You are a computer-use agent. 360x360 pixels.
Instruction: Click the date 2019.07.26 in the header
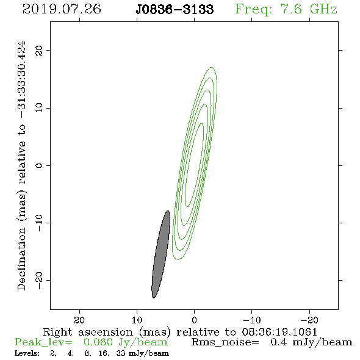62,9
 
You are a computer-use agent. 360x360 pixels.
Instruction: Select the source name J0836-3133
175,10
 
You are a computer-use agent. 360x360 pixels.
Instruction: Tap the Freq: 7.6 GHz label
286,10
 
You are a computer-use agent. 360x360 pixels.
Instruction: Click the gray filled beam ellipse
160,254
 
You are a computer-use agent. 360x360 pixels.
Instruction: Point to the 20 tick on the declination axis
39,50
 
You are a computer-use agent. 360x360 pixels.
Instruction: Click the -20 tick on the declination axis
39,280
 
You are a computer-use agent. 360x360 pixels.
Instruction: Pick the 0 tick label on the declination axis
39,165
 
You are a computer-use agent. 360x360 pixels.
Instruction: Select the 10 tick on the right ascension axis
137,320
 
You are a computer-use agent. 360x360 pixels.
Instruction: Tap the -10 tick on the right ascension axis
252,320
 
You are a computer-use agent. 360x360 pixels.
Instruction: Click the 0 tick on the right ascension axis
195,320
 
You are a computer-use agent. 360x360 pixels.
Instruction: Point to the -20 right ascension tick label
309,320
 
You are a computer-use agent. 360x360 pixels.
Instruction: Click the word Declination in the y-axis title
21,259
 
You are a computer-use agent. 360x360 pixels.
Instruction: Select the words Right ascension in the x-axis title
88,332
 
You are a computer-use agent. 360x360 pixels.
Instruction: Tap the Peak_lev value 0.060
98,342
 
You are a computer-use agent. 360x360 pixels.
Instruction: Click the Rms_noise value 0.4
278,342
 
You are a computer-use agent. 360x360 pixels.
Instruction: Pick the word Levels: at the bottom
27,353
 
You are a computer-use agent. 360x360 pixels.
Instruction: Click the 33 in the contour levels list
121,353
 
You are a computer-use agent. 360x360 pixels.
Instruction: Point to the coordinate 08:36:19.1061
279,332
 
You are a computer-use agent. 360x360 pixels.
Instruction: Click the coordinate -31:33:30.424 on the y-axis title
21,79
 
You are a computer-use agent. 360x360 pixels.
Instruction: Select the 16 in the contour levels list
103,353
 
